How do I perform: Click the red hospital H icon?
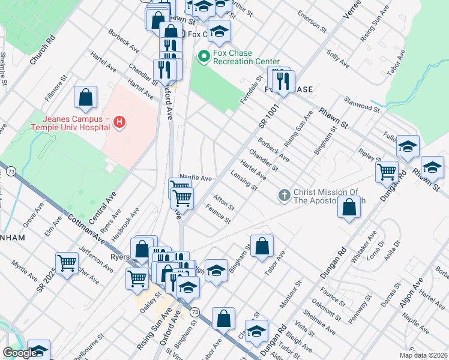coord(119,122)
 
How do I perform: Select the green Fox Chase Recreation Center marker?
coord(203,57)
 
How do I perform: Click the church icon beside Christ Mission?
coord(285,196)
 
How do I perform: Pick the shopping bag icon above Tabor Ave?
coord(262,246)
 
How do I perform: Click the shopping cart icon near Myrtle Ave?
coord(67,262)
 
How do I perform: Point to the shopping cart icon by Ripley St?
coord(387,172)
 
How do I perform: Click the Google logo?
coord(20,353)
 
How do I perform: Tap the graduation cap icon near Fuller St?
coord(408,147)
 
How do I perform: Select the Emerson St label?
coord(310,22)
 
